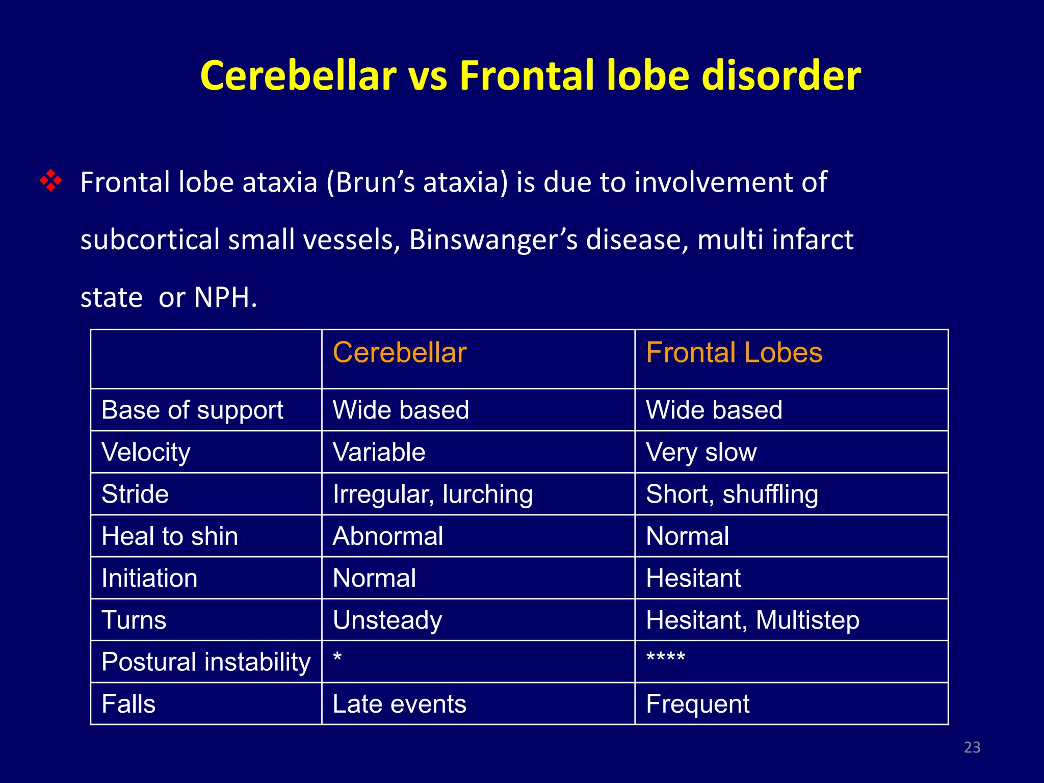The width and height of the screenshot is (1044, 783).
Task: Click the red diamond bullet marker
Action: [x=51, y=181]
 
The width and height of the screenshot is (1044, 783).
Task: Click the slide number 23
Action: [x=972, y=747]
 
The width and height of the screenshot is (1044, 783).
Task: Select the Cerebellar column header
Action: [x=399, y=353]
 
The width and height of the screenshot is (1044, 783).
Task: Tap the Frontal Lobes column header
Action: [x=734, y=353]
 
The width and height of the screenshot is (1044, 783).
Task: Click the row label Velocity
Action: [x=146, y=452]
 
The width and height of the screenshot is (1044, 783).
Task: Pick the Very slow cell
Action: [x=701, y=452]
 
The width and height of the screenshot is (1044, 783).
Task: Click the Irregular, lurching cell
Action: [x=432, y=494]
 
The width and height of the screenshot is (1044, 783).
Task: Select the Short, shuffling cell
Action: [x=732, y=494]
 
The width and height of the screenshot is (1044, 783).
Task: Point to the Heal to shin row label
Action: [x=170, y=536]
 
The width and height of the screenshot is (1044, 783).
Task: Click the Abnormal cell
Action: [x=387, y=536]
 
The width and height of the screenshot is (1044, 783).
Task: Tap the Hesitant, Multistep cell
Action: [x=752, y=620]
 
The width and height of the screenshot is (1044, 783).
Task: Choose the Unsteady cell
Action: [x=387, y=620]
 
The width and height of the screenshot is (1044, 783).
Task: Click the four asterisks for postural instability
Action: [x=665, y=658]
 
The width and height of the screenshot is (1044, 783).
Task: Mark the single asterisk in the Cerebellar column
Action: [x=337, y=658]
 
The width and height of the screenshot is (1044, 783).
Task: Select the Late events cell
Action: [x=399, y=704]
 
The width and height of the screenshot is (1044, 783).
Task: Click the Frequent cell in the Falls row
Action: [x=697, y=704]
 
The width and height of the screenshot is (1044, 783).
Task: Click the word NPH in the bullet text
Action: [x=225, y=297]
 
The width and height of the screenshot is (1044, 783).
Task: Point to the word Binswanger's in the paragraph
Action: [x=493, y=240]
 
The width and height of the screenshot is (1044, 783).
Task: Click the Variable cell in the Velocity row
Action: [x=379, y=452]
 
